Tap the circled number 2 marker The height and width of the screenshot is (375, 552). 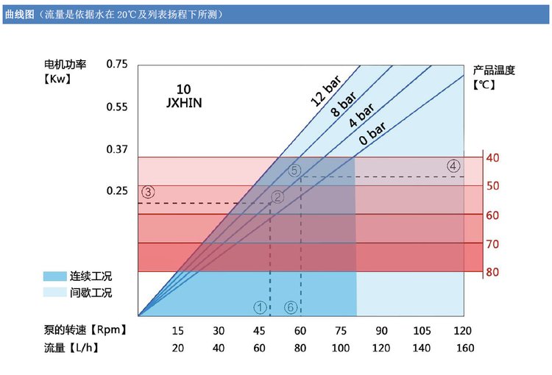tap(277, 196)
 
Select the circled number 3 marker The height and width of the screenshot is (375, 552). tap(147, 192)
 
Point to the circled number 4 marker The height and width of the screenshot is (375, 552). tap(453, 165)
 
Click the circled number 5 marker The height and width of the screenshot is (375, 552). tap(294, 170)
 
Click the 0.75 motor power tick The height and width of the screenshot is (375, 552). tap(117, 65)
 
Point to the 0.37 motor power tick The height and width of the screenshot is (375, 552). tap(117, 150)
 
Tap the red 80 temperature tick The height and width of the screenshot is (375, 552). tap(492, 272)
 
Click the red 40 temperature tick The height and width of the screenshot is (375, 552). tap(492, 157)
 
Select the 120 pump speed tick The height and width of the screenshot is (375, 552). tap(463, 330)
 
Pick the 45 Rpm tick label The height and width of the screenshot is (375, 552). tap(259, 330)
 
